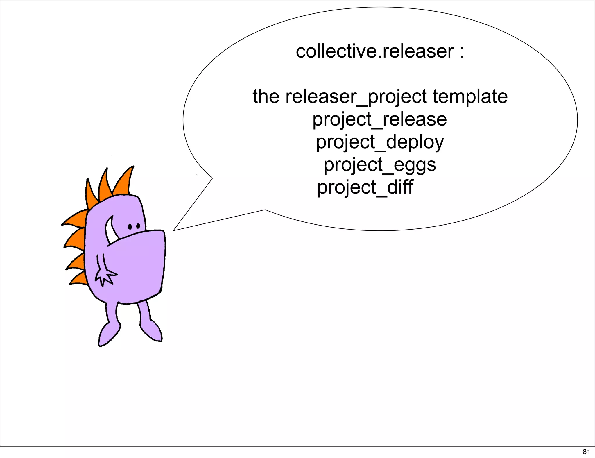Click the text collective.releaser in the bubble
pos(374,51)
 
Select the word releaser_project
pos(356,97)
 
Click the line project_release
pos(379,120)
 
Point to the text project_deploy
pos(380,142)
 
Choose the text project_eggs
pos(380,165)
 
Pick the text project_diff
pos(365,187)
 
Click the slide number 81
pos(586,452)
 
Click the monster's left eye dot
pos(130,226)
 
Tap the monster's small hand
pos(105,276)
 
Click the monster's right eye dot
pos(138,226)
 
